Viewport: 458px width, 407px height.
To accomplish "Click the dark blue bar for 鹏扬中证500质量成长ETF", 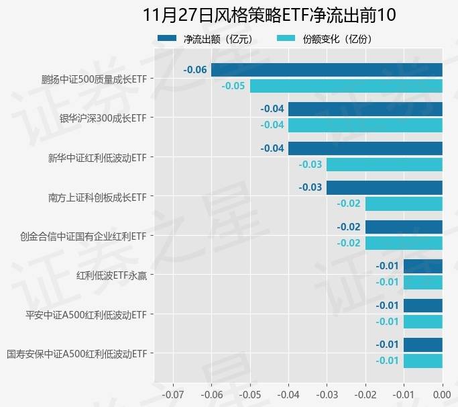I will [327, 70].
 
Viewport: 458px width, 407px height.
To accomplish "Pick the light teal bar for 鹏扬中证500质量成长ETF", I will [346, 86].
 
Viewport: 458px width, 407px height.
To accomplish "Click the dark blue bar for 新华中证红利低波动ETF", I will [365, 148].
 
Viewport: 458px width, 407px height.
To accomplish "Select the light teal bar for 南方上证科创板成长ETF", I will [404, 203].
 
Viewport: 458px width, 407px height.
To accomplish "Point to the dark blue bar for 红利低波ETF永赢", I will [423, 266].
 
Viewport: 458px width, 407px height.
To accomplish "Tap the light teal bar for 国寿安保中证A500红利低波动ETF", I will [423, 361].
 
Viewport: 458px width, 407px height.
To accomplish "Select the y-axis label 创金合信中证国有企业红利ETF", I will [84, 236].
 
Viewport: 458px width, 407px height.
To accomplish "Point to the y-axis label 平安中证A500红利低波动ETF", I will [86, 314].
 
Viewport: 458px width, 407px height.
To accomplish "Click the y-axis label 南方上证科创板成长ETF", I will [97, 197].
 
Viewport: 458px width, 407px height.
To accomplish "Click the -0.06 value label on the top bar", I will [195, 70].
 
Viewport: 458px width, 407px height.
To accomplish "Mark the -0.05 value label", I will [233, 86].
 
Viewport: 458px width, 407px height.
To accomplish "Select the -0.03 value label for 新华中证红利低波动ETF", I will [310, 165].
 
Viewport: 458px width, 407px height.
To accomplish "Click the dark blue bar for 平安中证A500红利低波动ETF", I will [423, 306].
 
